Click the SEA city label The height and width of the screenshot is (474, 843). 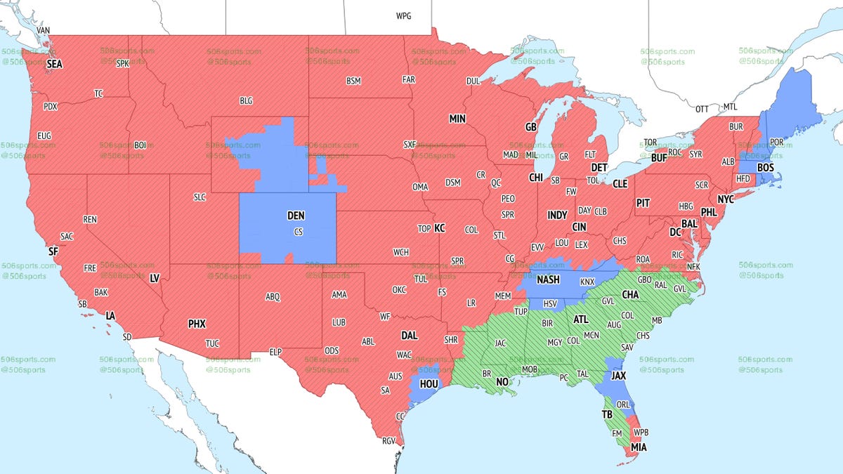pos(55,64)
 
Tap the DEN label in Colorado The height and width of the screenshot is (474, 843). pos(296,218)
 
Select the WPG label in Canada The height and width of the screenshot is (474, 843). pos(404,15)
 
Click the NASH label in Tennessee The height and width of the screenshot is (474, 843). pos(548,279)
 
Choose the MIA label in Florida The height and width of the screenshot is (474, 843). pos(639,447)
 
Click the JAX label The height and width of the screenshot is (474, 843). pos(618,376)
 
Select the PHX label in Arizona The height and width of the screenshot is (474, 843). pos(197,324)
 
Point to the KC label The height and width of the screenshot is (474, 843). pos(440,228)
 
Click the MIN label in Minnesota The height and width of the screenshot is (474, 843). pos(457,119)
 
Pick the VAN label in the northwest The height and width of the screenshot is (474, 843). pos(44,31)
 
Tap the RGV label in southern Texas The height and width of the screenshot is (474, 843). pos(388,441)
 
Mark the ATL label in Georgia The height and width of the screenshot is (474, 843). pos(581,320)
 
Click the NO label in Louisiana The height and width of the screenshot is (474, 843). pos(502,383)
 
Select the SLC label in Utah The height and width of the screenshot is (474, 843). pos(200,198)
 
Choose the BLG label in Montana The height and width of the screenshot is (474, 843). pos(246,101)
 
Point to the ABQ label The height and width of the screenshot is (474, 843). pos(273,297)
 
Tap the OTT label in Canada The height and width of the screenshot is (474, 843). pos(702,110)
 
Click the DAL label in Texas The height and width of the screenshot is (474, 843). pos(409,336)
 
